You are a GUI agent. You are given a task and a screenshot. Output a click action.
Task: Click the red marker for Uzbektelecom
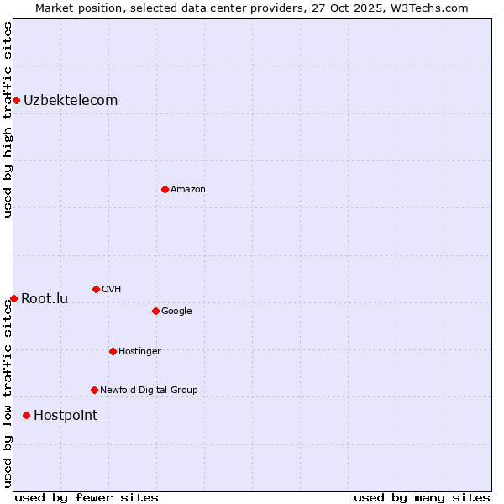pos(16,101)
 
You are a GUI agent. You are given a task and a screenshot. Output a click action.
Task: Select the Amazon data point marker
pos(165,189)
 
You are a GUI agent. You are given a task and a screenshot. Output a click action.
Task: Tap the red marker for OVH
pos(96,289)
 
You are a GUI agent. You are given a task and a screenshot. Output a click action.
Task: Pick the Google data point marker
pos(155,311)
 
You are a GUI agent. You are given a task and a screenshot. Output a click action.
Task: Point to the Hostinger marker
pos(113,351)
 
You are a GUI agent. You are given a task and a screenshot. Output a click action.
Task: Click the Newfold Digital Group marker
pos(94,390)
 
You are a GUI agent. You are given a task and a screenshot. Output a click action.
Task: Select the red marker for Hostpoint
pos(27,415)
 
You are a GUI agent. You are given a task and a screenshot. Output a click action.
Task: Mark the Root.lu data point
pos(13,298)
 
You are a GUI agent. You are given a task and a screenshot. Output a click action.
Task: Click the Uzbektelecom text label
pos(71,101)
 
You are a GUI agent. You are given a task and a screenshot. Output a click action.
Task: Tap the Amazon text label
pos(188,190)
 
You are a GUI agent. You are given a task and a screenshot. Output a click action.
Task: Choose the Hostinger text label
pos(139,351)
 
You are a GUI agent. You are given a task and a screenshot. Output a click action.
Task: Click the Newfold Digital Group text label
pos(149,390)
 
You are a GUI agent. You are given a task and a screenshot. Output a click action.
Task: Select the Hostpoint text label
pos(66,416)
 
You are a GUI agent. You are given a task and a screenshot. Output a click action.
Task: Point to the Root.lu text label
pos(45,299)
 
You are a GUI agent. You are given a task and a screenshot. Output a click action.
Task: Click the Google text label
pos(176,312)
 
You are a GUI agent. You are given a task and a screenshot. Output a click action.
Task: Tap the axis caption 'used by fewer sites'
pos(87,497)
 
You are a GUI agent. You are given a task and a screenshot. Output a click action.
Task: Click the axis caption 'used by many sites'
pos(422,497)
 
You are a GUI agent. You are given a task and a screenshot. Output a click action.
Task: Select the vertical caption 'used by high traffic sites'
pos(8,119)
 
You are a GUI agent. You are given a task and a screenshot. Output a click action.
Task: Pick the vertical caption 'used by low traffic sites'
pos(8,393)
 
